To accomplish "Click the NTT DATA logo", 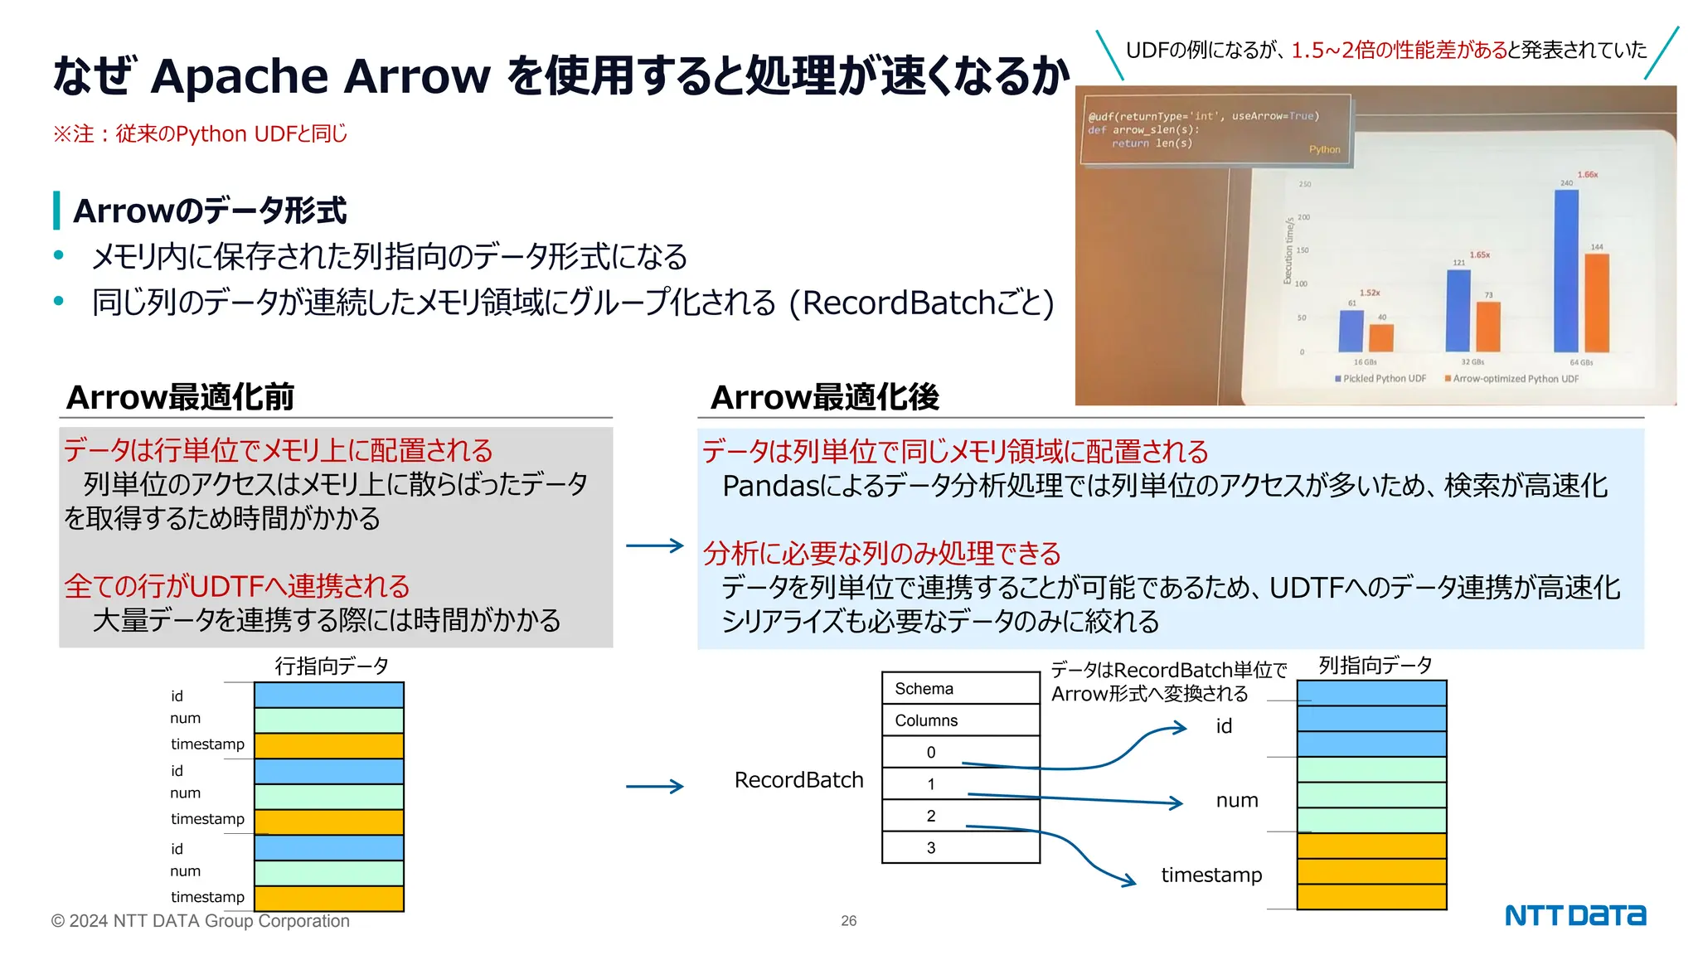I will pos(1574,915).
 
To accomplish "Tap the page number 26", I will pos(848,921).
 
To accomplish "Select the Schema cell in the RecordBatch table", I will pos(960,689).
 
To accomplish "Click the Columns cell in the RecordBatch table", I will pos(960,720).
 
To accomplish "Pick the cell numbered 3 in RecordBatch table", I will pos(960,847).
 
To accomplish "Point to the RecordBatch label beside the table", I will pos(798,780).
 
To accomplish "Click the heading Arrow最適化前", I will pos(181,397).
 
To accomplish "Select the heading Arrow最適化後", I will pos(825,397).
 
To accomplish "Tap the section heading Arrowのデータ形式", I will pos(210,211).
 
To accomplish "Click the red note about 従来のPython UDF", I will pos(200,133).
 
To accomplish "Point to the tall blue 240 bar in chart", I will pos(1565,271).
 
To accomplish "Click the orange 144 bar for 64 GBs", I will pos(1596,303).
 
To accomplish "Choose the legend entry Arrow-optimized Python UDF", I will pos(1514,379).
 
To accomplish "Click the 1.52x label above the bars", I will pos(1370,293).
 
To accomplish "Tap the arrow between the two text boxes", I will pos(655,545).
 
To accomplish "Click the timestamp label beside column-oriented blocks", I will pos(1211,875).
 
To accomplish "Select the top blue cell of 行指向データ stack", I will pos(328,695).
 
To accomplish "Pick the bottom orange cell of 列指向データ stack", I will pos(1371,897).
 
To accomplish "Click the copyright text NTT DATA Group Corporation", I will pos(201,921).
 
